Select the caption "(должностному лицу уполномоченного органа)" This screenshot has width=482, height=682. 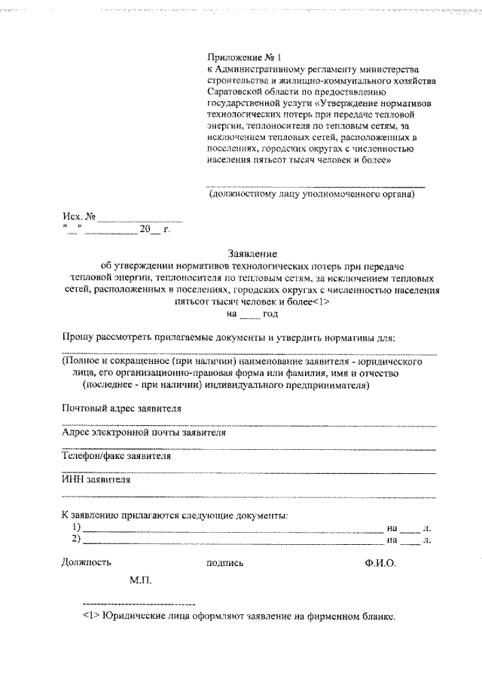[x=311, y=194]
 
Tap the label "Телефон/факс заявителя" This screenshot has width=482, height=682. [x=116, y=456]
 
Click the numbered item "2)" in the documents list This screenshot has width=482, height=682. [x=75, y=540]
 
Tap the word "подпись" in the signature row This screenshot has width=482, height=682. [x=224, y=562]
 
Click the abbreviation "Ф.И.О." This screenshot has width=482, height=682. [x=380, y=562]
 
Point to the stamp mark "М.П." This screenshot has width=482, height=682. [x=141, y=581]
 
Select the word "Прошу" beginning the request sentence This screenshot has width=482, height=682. [x=78, y=338]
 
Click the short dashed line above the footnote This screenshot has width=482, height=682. [x=139, y=604]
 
